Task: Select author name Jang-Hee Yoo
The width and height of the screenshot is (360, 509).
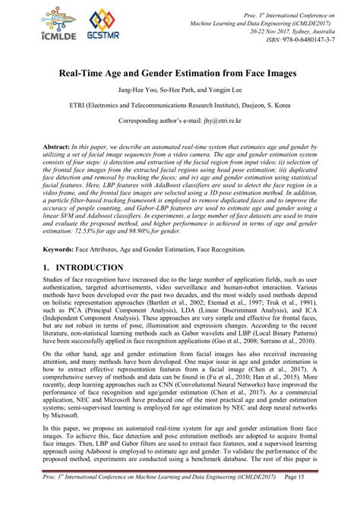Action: tap(130, 94)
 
